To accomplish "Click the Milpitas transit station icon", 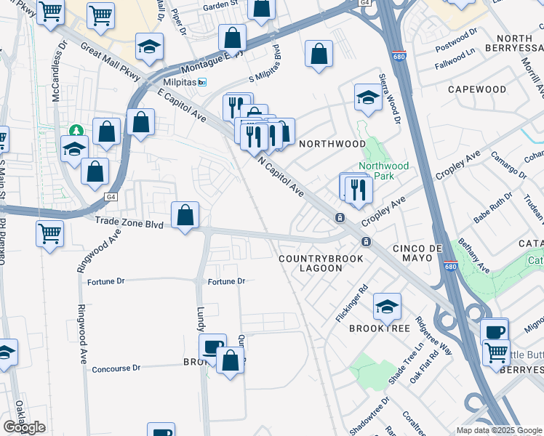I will (202, 82).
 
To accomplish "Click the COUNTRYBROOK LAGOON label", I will (311, 263).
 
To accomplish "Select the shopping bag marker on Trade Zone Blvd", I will (185, 215).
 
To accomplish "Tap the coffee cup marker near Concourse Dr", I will (212, 347).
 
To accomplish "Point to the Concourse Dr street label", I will (116, 368).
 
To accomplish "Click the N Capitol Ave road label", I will (281, 177).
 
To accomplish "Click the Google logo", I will (24, 427).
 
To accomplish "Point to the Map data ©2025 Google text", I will (498, 430).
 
